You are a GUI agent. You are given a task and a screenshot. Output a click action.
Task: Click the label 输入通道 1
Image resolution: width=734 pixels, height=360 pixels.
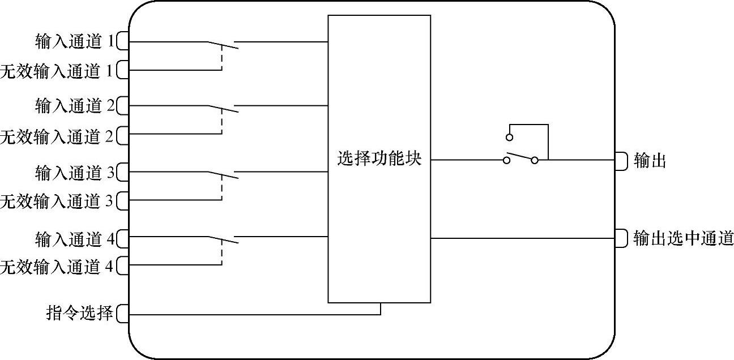(x=74, y=41)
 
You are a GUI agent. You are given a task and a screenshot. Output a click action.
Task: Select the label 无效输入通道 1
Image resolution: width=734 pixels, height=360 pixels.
(x=57, y=71)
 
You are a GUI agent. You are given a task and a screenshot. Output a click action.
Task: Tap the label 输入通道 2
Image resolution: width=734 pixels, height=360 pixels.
(x=74, y=106)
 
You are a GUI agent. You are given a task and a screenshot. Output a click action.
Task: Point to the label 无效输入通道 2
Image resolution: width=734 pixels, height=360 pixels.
(x=57, y=136)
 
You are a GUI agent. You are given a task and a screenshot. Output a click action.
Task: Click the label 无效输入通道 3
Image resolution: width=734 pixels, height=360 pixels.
(x=57, y=201)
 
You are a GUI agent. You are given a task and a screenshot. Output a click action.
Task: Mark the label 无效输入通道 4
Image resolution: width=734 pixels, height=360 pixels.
(x=57, y=267)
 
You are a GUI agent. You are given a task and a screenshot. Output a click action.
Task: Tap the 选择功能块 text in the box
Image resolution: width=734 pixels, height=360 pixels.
(x=379, y=160)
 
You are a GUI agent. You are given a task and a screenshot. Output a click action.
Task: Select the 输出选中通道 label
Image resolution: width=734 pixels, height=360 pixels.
(x=683, y=239)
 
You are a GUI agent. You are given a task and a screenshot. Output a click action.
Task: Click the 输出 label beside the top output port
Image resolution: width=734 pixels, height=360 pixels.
(x=650, y=161)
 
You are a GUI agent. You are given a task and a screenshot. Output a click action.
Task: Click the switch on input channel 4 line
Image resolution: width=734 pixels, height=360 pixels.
(x=222, y=240)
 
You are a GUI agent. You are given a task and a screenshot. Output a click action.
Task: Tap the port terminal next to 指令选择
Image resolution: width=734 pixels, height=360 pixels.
(x=123, y=313)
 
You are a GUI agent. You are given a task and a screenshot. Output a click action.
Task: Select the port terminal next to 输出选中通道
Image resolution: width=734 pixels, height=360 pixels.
(x=621, y=238)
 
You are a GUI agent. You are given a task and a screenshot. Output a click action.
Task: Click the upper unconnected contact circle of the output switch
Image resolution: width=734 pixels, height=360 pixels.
(x=509, y=138)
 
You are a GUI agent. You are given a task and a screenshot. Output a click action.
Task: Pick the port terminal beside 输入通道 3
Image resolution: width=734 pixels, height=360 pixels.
(x=123, y=172)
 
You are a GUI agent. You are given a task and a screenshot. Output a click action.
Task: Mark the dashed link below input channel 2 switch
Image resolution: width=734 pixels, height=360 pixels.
(x=221, y=122)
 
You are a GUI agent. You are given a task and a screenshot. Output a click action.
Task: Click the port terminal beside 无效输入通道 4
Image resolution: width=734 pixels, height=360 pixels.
(x=123, y=266)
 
